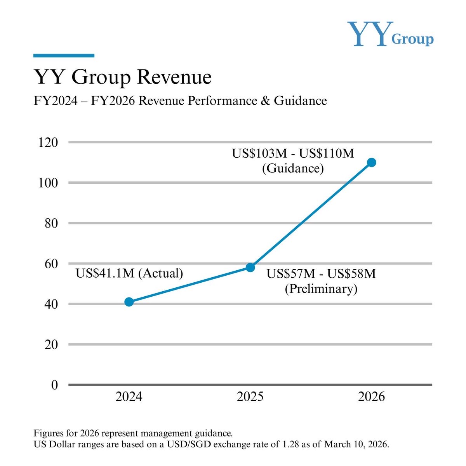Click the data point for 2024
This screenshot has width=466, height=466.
129,302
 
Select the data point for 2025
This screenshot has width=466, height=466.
250,267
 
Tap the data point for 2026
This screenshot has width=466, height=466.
372,162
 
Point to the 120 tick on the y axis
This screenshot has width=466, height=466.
48,143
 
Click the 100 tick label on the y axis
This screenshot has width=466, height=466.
48,183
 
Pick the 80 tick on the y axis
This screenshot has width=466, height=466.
51,223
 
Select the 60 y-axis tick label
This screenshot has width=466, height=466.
51,264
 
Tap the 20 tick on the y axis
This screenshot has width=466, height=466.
51,344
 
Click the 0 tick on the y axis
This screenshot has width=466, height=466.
55,385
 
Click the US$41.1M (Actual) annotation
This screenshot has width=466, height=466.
129,273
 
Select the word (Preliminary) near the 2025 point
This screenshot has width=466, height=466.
321,289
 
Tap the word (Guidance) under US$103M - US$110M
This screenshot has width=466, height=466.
293,168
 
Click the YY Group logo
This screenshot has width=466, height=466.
390,34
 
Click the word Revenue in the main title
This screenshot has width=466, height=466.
174,77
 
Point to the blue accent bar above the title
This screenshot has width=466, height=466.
64,56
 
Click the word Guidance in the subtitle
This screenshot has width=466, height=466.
300,101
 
